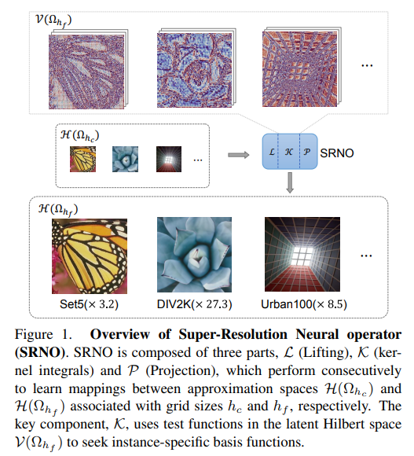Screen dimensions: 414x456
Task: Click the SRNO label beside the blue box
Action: click(x=337, y=153)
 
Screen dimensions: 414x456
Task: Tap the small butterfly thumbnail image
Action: click(x=82, y=159)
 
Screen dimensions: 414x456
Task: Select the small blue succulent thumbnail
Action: click(x=125, y=159)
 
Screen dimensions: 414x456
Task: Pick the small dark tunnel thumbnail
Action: click(x=169, y=159)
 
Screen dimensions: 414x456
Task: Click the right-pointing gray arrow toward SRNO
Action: click(x=239, y=155)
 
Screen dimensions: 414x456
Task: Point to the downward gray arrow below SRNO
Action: click(x=290, y=182)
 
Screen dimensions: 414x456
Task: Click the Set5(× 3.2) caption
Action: click(x=89, y=304)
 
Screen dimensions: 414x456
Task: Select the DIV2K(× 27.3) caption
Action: click(x=194, y=304)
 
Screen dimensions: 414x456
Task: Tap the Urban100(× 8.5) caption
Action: click(x=304, y=304)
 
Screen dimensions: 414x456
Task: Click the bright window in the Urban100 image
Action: click(x=302, y=256)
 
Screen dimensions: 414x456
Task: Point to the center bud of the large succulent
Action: click(x=197, y=257)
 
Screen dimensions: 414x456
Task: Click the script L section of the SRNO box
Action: click(x=270, y=152)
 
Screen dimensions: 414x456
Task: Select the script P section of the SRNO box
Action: click(x=309, y=152)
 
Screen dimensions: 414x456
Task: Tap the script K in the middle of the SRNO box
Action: click(x=289, y=152)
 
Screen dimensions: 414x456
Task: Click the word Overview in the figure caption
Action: click(x=120, y=334)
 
